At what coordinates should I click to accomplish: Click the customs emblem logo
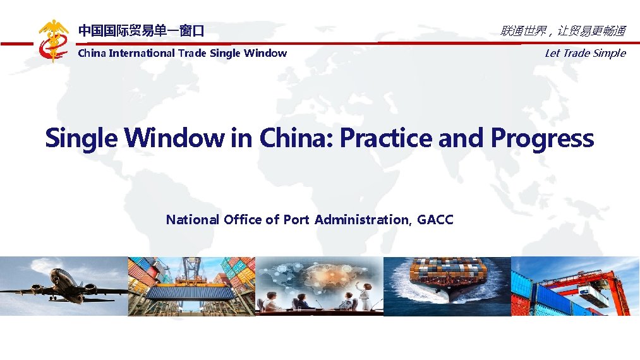[53, 40]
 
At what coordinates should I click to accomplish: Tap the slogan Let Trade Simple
[584, 53]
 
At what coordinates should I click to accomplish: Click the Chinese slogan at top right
[562, 30]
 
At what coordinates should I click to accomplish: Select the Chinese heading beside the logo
[141, 30]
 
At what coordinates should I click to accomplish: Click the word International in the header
[142, 53]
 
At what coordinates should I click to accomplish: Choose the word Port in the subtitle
[296, 220]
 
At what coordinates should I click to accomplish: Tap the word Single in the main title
[81, 138]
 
